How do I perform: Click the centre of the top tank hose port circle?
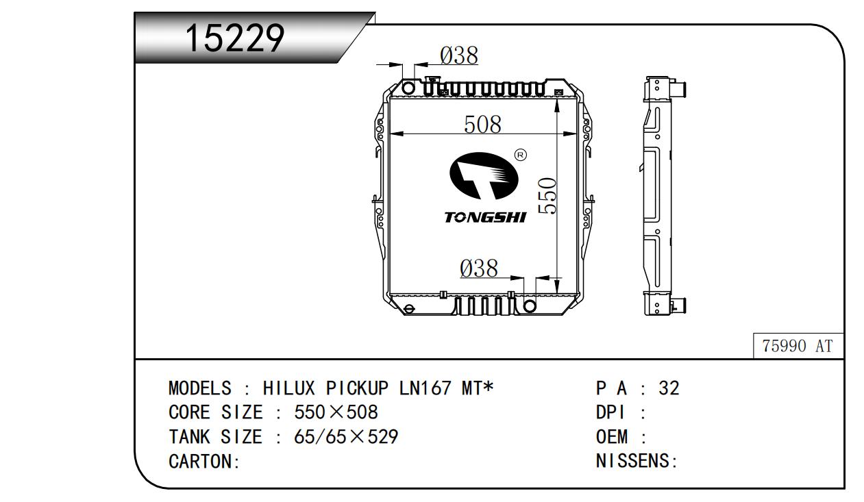(x=408, y=88)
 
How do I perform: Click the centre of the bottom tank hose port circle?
(x=530, y=306)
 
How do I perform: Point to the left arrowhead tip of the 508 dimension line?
(x=390, y=134)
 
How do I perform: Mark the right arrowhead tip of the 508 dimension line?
(x=577, y=134)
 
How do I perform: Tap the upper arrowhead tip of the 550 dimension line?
(x=557, y=99)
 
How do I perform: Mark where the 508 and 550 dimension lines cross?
(x=557, y=134)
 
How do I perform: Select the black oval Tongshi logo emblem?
(x=484, y=176)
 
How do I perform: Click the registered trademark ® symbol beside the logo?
(x=521, y=155)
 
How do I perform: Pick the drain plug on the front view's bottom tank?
(x=409, y=309)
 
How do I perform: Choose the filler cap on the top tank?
(x=430, y=80)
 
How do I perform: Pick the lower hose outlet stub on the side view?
(x=678, y=305)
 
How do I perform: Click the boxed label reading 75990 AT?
(x=798, y=346)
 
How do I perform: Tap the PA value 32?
(x=669, y=388)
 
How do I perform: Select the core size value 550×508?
(x=336, y=412)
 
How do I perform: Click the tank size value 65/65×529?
(x=346, y=437)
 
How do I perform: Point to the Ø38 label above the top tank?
(x=459, y=55)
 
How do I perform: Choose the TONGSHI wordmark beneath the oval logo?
(x=485, y=218)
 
